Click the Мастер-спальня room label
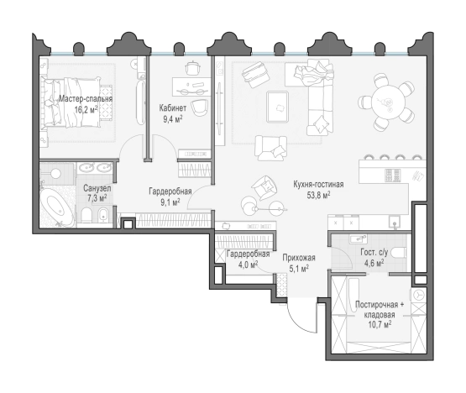[86, 98]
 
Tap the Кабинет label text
[173, 107]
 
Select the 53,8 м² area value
[318, 196]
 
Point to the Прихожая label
[299, 258]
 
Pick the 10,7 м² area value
[380, 324]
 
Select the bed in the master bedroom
[71, 102]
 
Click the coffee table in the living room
[277, 107]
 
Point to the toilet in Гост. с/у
[398, 253]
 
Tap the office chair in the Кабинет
[200, 107]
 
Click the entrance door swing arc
[297, 323]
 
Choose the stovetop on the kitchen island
[393, 176]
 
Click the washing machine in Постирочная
[419, 296]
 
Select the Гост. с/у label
[374, 253]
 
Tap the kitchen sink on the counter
[395, 222]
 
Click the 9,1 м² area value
[170, 202]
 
